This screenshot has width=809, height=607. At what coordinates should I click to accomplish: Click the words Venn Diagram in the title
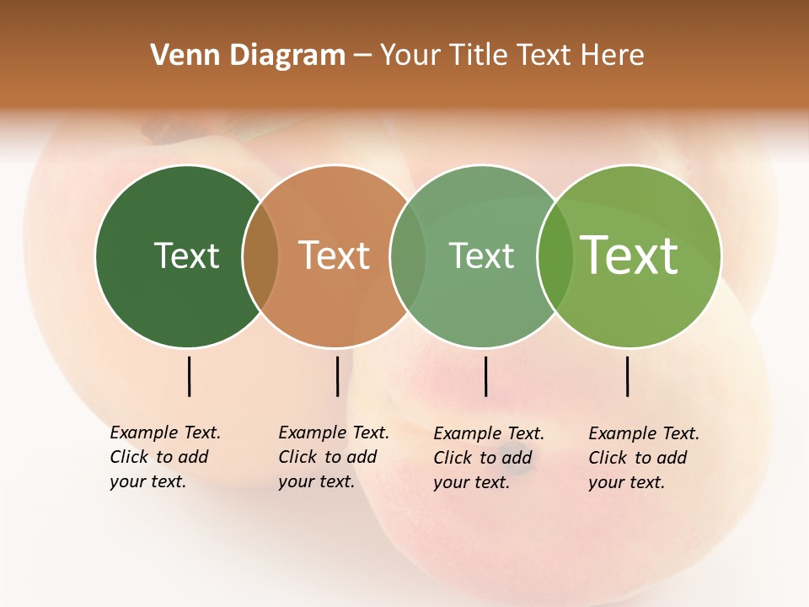pos(248,56)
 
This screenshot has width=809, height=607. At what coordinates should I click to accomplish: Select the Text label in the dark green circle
pos(186,255)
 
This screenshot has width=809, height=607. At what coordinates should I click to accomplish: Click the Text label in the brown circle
pos(335,255)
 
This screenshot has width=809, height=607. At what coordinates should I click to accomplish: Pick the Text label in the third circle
pos(481,255)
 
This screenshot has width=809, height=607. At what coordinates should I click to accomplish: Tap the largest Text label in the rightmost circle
pos(630,255)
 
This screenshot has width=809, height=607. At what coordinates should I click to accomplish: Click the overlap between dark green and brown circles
pos(260,255)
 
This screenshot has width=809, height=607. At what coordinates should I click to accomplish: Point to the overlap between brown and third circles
pos(408,255)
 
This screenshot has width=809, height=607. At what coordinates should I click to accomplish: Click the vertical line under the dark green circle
pos(189,376)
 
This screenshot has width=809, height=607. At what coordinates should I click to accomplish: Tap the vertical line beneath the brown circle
pos(337,376)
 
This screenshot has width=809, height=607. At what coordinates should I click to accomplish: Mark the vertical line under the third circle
pos(485,376)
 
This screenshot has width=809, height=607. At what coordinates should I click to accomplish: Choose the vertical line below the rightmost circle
pos(627,376)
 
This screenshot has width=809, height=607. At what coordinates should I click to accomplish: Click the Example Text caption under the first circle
pos(165,457)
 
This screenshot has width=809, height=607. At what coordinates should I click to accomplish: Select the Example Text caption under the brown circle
pos(334,457)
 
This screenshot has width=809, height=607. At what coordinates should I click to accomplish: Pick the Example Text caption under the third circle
pos(489,458)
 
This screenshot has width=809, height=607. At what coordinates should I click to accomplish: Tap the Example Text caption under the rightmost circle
pos(644,458)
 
